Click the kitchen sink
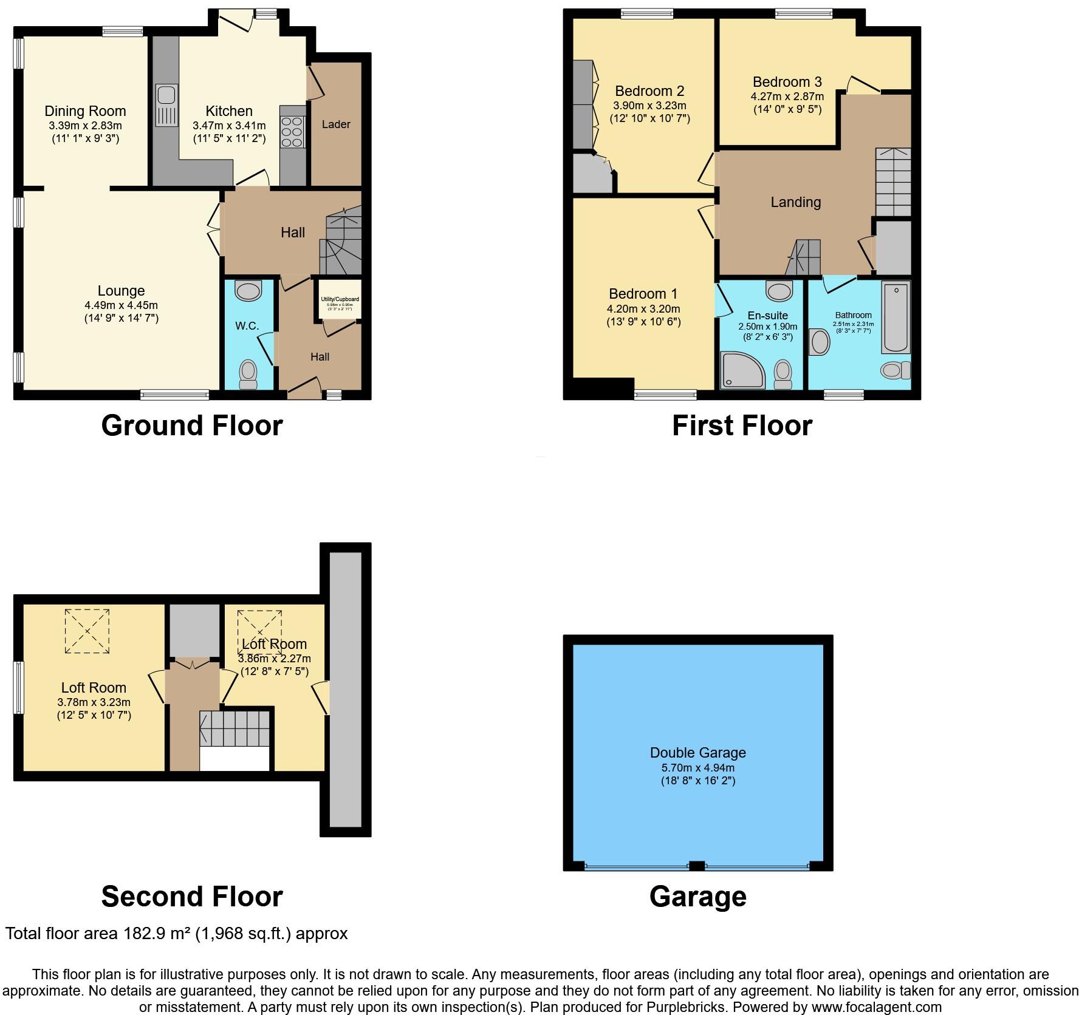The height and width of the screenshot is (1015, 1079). point(166,105)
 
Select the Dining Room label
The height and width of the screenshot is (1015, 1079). point(85,111)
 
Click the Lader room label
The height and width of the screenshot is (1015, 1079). point(336,124)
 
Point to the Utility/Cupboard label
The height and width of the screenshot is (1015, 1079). point(340,299)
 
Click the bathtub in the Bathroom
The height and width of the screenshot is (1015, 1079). point(896,317)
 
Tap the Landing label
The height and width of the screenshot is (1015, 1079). point(795,202)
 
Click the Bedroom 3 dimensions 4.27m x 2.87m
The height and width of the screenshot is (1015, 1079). point(787,97)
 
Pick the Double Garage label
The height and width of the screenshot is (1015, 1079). point(697,753)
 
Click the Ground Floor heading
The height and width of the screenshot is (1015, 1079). point(192,426)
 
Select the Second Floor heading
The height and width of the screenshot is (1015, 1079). point(192,897)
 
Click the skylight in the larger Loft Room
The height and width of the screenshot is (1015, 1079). point(87,631)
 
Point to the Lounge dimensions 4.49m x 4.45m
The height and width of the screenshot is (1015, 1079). point(121,305)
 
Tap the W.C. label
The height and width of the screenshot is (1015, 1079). point(247,326)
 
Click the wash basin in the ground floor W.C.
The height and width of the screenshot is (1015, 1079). point(248,291)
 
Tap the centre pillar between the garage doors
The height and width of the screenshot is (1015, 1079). point(697,866)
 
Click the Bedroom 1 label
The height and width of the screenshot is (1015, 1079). point(643,294)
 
